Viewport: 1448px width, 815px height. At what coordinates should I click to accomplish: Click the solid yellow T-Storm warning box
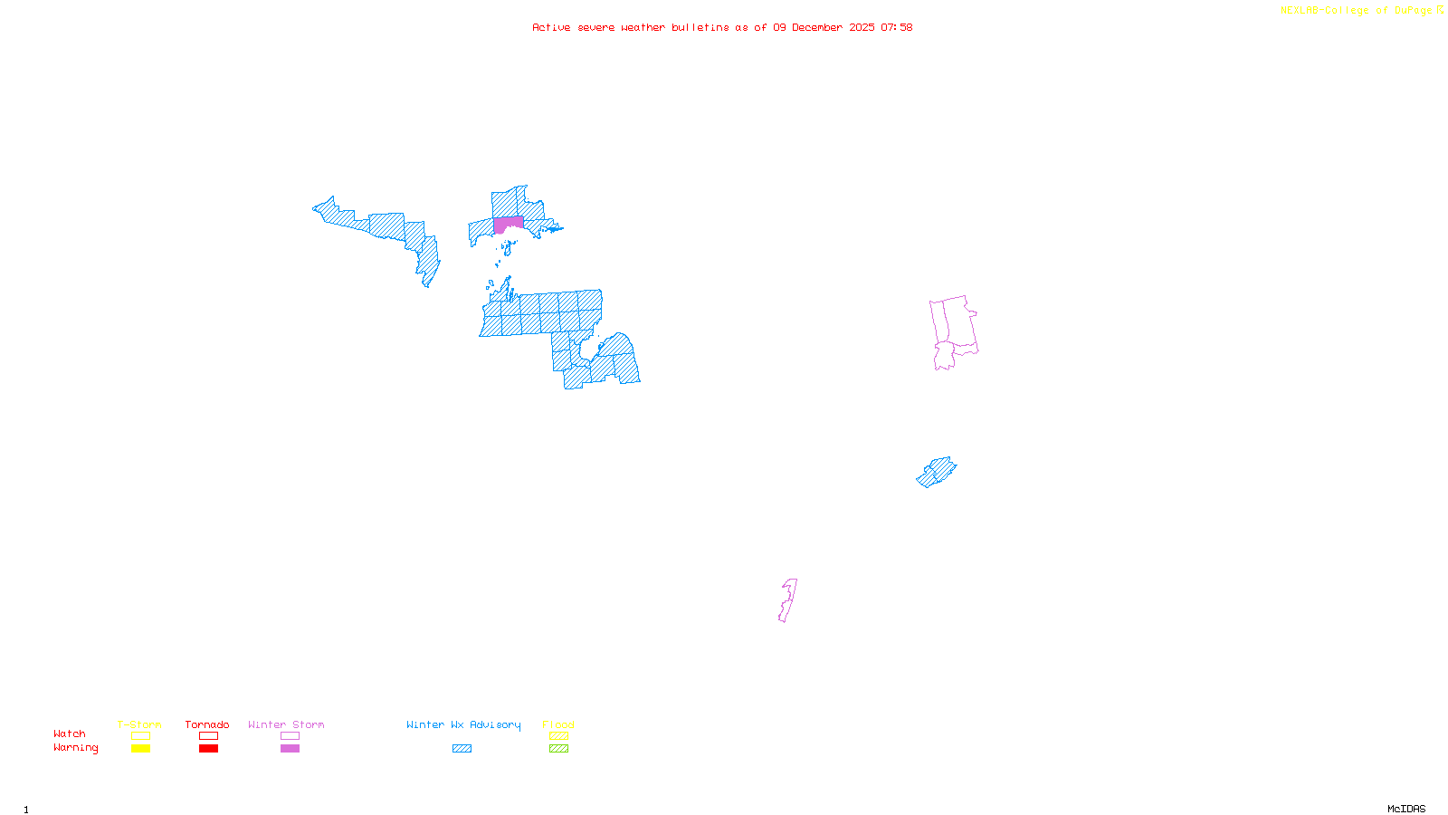140,749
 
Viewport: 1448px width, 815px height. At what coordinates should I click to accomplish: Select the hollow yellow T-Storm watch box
140,736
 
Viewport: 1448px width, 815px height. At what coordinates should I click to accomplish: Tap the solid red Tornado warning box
208,749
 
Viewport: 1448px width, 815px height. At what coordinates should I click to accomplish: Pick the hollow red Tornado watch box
208,736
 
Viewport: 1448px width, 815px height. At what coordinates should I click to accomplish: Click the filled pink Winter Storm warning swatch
290,749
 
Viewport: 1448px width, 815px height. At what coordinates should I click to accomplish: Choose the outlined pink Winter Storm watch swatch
290,736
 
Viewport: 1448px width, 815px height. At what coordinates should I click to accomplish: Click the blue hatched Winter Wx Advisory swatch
462,749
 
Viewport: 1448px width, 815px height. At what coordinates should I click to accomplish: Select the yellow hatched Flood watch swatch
558,736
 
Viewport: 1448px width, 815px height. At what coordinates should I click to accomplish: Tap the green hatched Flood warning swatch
558,749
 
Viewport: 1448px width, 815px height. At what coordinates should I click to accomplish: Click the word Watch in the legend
70,734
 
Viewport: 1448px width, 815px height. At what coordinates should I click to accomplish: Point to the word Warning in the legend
75,748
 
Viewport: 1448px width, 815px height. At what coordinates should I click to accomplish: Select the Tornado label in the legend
207,724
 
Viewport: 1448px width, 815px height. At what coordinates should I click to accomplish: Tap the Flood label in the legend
558,724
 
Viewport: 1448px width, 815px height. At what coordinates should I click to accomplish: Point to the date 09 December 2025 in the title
824,27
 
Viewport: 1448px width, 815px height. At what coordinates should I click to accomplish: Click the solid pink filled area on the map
509,224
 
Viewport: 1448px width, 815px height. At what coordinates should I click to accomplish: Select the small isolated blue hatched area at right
936,472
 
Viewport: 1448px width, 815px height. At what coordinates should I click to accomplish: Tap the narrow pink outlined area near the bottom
788,600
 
